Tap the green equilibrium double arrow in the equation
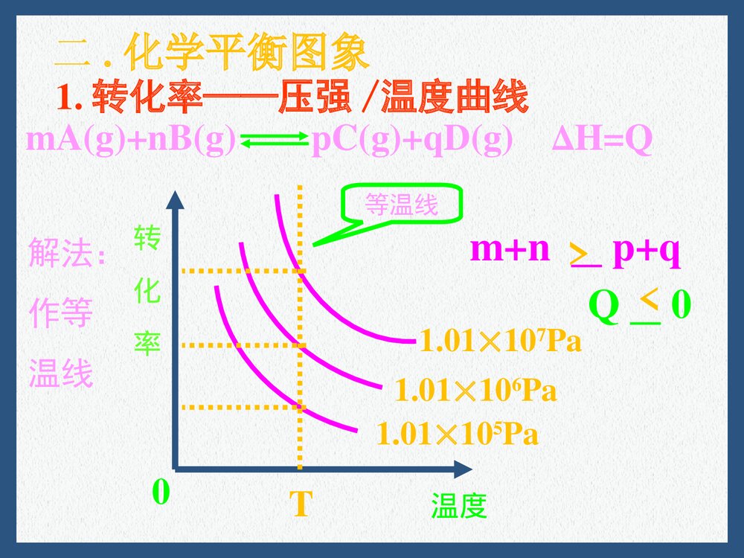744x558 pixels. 274,141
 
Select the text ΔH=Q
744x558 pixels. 603,141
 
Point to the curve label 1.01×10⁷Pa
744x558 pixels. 500,342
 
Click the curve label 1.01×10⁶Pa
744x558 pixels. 475,391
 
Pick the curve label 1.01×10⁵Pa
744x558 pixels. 458,434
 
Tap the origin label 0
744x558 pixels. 161,493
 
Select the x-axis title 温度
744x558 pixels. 458,507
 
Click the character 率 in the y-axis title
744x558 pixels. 147,343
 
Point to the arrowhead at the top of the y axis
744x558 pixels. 176,199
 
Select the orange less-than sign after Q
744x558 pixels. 648,298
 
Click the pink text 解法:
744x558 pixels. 68,254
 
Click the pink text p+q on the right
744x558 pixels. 646,251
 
